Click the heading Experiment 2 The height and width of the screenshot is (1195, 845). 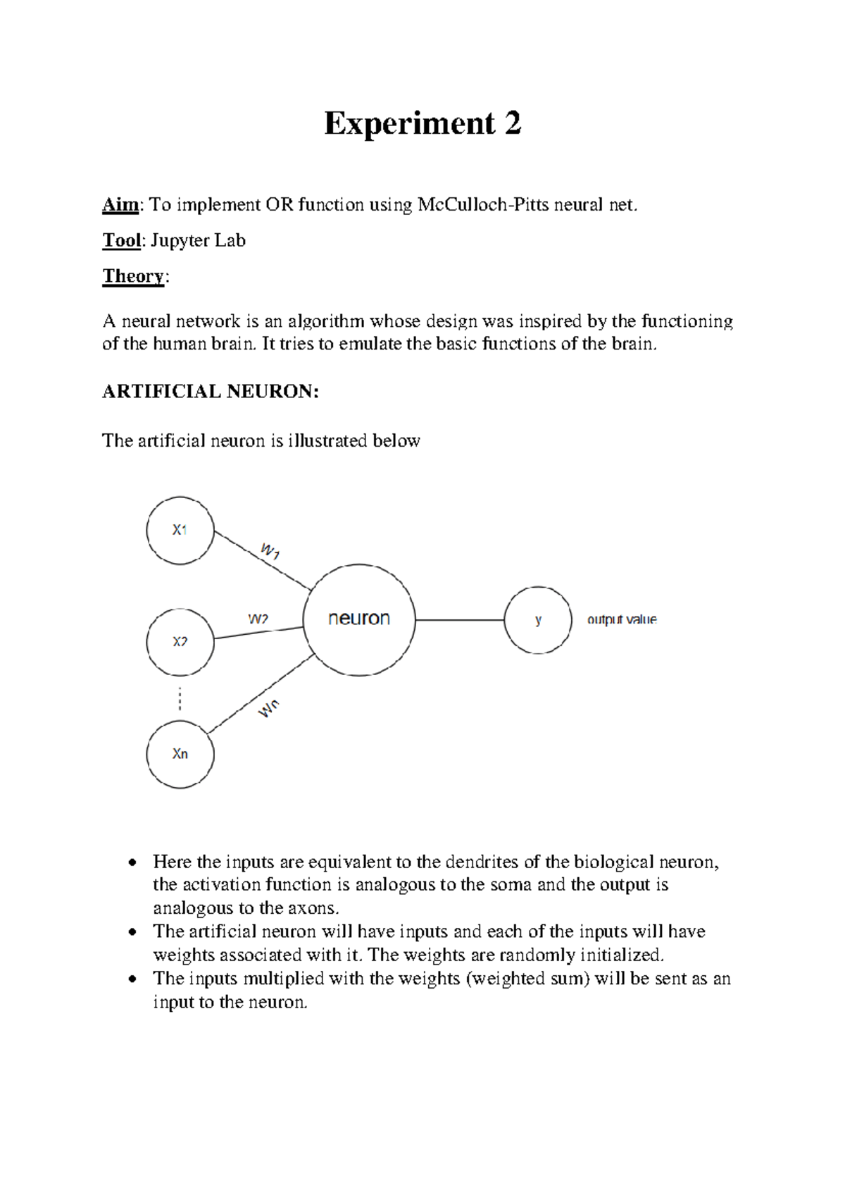tap(423, 124)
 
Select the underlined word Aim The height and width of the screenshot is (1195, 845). tap(120, 205)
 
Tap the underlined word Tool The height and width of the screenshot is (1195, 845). tap(122, 241)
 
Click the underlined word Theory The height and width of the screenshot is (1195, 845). tap(134, 276)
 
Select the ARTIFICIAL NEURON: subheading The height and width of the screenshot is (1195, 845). tap(211, 392)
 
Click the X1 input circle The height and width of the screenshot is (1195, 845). tap(180, 531)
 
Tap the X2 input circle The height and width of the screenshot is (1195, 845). tap(180, 642)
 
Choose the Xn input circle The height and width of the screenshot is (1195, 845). tap(180, 754)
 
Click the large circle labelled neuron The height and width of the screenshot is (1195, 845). tap(359, 619)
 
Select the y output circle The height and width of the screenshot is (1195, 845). tap(538, 620)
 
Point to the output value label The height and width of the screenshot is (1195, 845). tap(622, 620)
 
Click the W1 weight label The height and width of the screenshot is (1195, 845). tap(270, 551)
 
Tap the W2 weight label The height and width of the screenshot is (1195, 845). tap(258, 619)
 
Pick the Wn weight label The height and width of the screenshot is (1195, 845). tap(268, 709)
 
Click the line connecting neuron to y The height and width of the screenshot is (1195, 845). tap(459, 620)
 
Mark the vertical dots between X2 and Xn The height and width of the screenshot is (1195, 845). tap(180, 699)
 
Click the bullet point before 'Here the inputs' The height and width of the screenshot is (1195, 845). tap(132, 863)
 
